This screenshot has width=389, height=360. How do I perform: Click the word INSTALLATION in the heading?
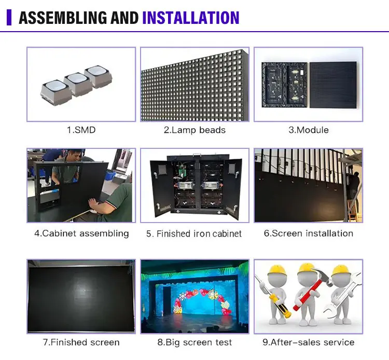pos(190,18)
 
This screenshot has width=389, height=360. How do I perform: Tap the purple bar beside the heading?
pos(8,18)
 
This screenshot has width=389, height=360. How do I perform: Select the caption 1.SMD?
pos(81,130)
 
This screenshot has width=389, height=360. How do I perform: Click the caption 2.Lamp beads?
pos(195,130)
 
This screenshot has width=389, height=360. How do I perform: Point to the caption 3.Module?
pos(309,130)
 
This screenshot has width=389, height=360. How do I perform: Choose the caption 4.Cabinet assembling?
pos(81,233)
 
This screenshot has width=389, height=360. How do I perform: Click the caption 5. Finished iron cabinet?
pos(194,234)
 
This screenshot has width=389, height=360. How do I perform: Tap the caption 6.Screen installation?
pos(309,233)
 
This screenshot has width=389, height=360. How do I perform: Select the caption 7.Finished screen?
pos(81,342)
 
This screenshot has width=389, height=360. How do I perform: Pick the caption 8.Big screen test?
pos(195,342)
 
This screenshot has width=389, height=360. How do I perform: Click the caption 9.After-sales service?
pos(309,342)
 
